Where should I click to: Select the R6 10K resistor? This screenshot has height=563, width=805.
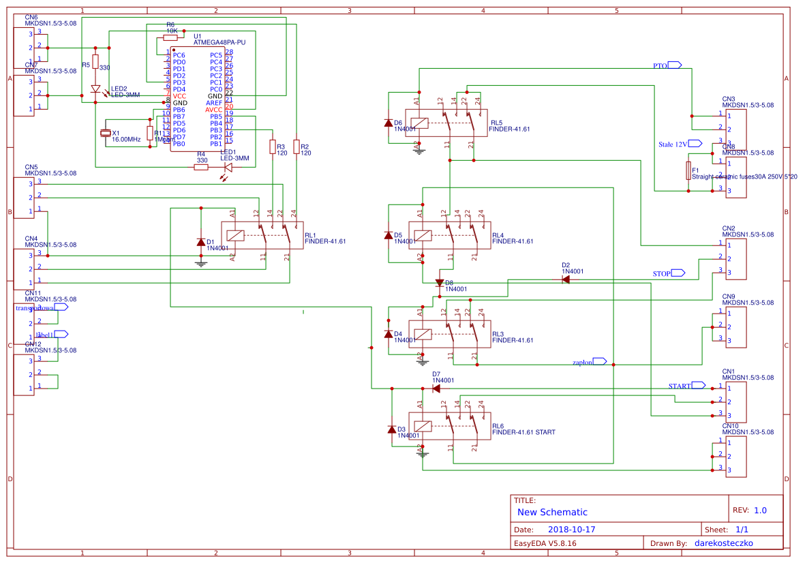pos(170,38)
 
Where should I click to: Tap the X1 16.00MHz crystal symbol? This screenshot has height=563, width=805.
pos(106,134)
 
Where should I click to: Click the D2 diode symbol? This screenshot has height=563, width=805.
pos(566,279)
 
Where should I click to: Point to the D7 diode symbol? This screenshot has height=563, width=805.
pos(436,389)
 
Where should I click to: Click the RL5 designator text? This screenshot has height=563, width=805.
pos(496,123)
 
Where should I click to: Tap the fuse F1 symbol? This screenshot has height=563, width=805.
pos(688,170)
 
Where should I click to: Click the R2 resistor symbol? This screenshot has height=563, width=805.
pos(296,146)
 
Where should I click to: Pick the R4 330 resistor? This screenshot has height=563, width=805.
pos(201,167)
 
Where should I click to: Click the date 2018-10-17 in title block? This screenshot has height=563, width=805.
pos(571,530)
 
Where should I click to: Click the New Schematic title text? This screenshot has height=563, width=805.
pos(552,512)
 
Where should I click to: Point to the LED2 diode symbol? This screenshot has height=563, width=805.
pos(95,89)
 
